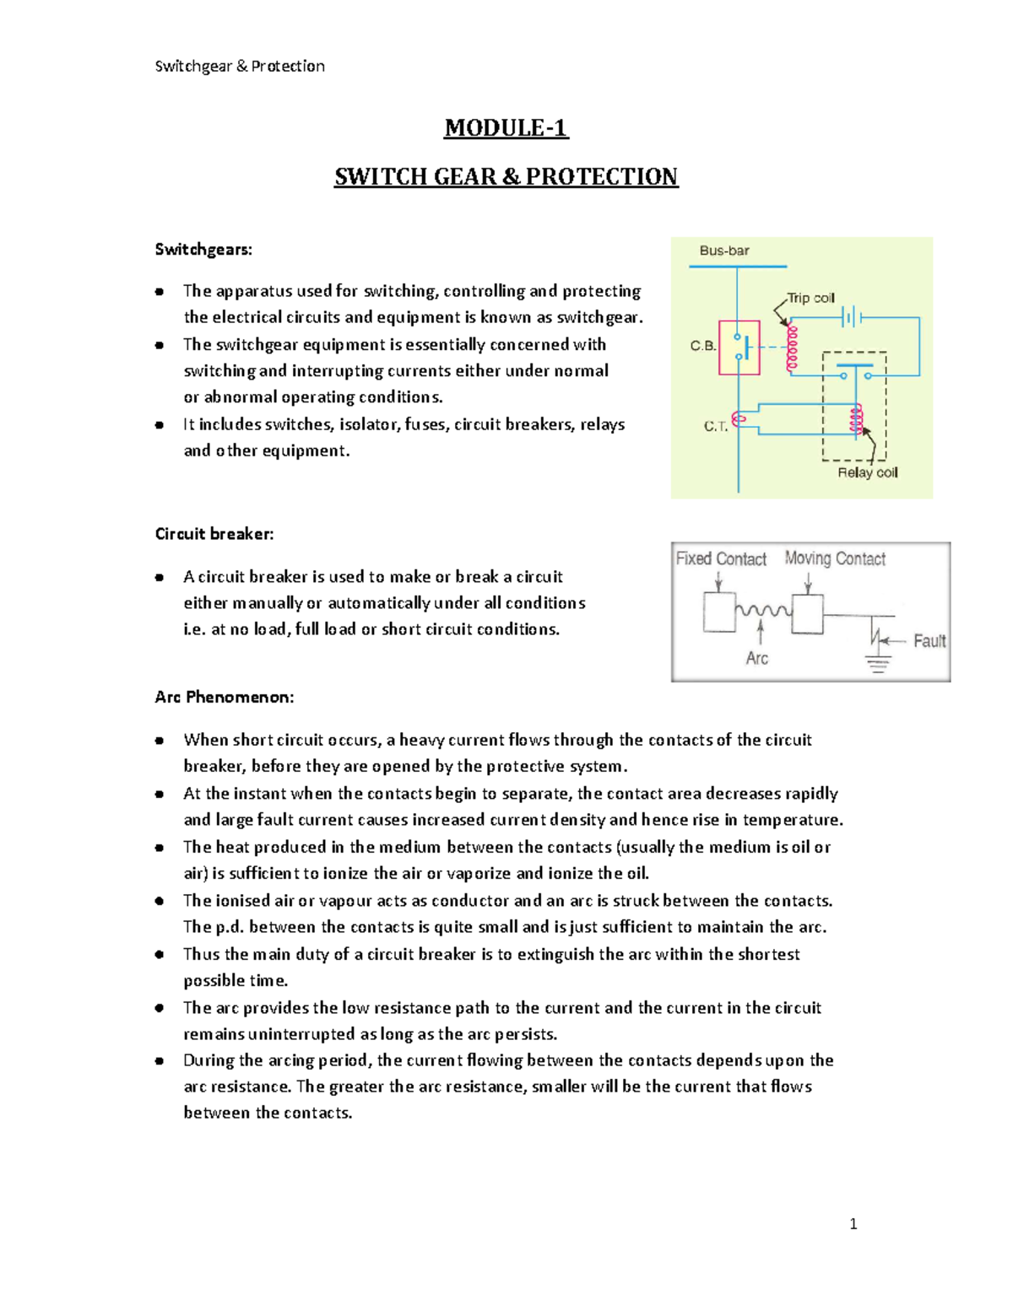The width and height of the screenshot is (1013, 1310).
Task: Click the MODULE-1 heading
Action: [506, 128]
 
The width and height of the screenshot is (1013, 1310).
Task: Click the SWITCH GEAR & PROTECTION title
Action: [506, 177]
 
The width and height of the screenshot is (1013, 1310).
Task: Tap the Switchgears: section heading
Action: [203, 250]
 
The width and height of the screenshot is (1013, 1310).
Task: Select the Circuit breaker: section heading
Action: [214, 534]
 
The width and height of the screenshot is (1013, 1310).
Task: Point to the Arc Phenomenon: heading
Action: [225, 698]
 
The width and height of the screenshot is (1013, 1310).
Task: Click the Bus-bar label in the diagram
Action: [724, 251]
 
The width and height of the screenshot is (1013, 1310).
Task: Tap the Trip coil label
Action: [810, 298]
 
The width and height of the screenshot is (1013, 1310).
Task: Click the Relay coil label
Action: [867, 472]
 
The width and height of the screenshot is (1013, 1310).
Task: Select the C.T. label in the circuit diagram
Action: [716, 427]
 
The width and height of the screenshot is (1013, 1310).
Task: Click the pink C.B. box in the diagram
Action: [739, 347]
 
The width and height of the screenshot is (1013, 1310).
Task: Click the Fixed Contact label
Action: [721, 558]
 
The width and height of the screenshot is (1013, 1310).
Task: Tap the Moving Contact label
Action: [835, 558]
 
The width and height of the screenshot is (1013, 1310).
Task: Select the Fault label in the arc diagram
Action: [929, 641]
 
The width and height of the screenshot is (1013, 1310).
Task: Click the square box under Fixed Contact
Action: [719, 612]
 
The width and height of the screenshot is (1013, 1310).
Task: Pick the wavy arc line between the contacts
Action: [763, 610]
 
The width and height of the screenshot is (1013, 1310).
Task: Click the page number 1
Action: [853, 1224]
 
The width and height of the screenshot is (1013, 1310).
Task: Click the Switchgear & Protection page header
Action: [240, 66]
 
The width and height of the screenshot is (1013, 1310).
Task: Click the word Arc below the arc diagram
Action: [757, 658]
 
